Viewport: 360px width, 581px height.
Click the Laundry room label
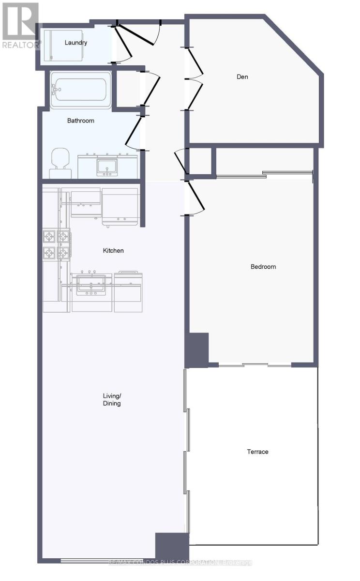pos(76,43)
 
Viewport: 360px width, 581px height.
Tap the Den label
pos(242,76)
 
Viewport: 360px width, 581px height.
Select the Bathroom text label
pos(80,121)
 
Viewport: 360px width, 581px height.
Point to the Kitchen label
pos(113,250)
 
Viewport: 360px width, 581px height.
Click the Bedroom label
pos(263,266)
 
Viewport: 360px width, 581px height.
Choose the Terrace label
pos(257,452)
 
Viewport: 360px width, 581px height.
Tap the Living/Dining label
pos(112,399)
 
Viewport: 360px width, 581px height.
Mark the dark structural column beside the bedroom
pos(197,349)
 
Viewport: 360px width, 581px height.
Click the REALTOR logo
pos(20,24)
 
